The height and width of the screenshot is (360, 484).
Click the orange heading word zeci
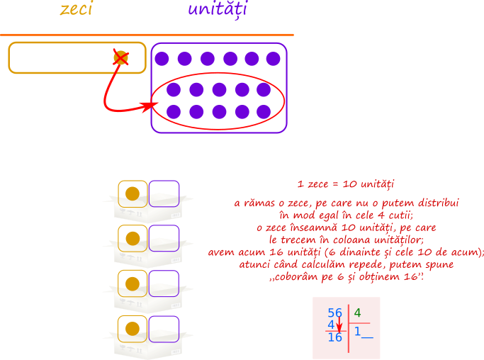77,9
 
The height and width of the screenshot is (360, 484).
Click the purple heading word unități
218,9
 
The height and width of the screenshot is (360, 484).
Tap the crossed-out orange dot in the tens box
120,58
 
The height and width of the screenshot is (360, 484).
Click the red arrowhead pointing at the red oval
150,106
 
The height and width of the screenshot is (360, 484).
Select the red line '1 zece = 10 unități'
346,184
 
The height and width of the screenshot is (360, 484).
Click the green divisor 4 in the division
357,313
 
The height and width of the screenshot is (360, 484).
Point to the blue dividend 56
335,313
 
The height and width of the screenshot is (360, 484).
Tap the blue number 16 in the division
335,337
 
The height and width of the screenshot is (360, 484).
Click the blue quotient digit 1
357,331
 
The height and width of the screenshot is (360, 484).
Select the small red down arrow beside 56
339,325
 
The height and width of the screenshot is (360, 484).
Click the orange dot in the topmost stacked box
133,194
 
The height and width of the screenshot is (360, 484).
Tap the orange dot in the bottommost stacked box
133,329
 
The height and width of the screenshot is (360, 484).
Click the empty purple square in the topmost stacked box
164,193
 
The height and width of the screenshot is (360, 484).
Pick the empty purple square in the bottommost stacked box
164,329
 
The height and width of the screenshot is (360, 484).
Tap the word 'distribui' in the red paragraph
439,203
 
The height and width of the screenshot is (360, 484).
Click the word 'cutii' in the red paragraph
400,215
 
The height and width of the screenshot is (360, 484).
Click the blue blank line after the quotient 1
367,338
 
